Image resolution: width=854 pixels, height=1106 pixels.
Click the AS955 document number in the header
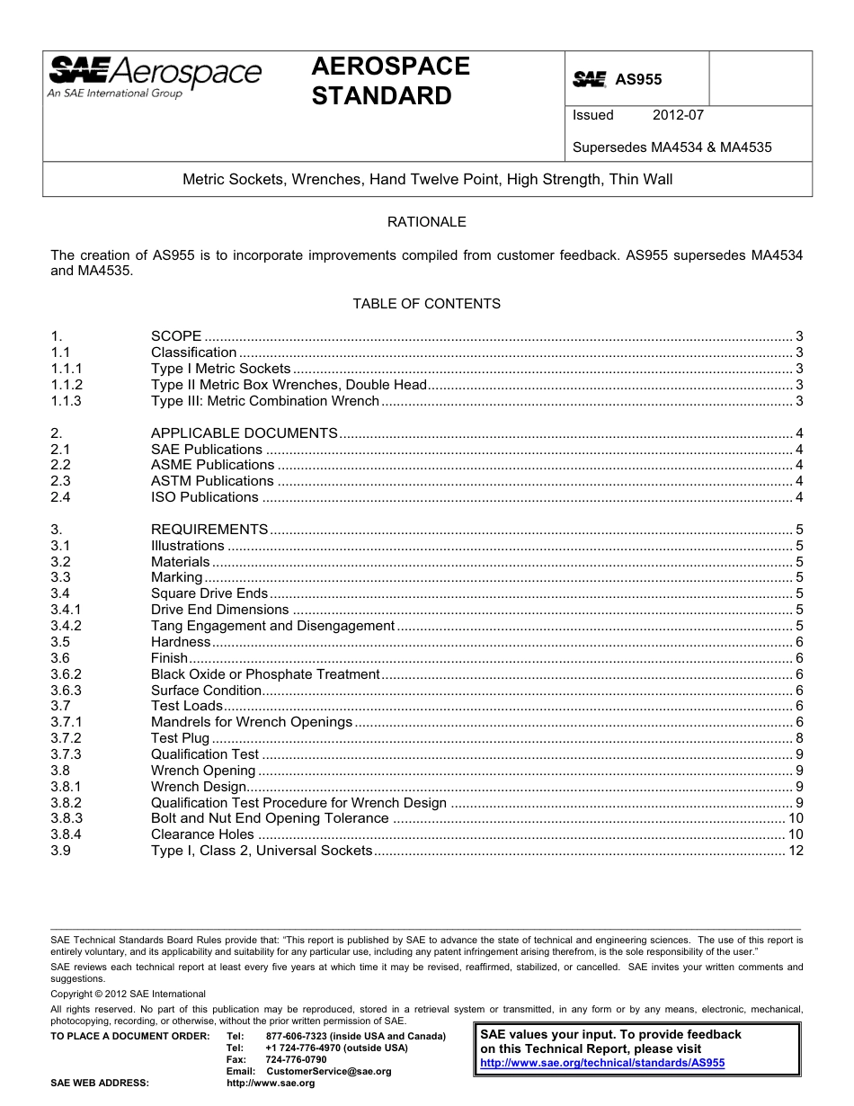point(637,79)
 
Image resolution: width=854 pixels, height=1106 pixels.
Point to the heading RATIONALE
point(426,221)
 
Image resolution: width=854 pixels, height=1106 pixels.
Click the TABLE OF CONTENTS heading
point(426,304)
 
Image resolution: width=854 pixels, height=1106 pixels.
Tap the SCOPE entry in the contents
point(176,336)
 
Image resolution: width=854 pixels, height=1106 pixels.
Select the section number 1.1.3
point(66,401)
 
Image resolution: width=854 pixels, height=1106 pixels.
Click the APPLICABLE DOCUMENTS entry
point(245,433)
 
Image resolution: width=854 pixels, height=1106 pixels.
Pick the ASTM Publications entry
point(212,481)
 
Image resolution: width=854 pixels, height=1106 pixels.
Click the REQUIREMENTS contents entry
point(209,530)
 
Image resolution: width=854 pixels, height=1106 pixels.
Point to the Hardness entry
point(181,642)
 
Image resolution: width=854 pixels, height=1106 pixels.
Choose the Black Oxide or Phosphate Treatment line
point(265,674)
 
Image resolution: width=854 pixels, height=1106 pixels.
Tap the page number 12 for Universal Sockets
point(796,851)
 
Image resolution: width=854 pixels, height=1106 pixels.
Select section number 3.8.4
point(66,834)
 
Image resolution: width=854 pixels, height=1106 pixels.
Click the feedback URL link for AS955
point(602,1063)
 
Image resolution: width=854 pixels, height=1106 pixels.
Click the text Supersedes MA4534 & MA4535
point(672,147)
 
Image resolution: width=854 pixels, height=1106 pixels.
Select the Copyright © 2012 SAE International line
point(128,994)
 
